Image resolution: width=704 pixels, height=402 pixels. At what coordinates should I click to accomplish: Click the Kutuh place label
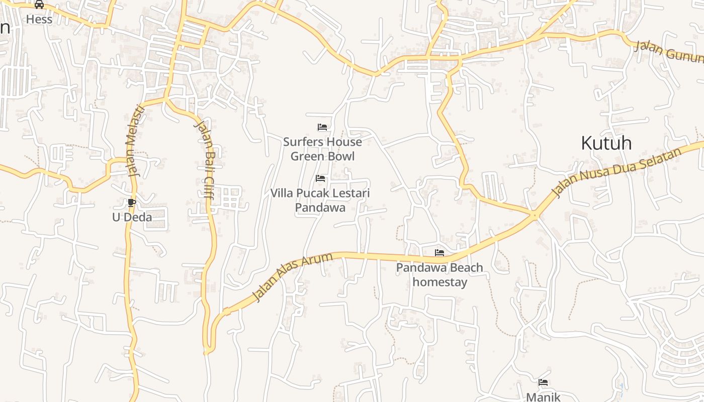tap(606, 143)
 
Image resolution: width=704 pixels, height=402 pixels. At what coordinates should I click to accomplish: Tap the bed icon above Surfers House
tap(322, 127)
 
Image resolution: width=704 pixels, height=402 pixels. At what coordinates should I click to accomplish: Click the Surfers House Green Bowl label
tap(322, 149)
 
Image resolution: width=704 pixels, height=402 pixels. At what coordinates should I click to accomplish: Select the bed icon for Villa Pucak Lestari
tap(320, 178)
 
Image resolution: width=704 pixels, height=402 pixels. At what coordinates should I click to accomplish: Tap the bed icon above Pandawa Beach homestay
tap(439, 253)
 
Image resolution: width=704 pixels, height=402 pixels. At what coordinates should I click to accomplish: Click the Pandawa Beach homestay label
tap(439, 274)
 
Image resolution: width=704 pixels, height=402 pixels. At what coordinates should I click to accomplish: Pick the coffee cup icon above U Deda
tap(132, 203)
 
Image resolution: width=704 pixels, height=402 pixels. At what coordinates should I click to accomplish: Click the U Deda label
tap(132, 217)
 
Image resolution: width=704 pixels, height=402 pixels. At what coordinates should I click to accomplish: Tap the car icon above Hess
tap(39, 5)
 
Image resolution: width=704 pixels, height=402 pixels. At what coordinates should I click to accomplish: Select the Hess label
tap(39, 20)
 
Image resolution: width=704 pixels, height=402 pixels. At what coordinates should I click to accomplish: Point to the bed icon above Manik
tap(543, 382)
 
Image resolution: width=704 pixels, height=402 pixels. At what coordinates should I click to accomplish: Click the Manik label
tap(543, 396)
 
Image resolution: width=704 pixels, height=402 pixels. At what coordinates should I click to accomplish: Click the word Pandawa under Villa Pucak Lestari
tap(320, 207)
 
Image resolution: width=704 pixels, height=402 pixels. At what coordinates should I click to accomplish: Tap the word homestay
tap(440, 282)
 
